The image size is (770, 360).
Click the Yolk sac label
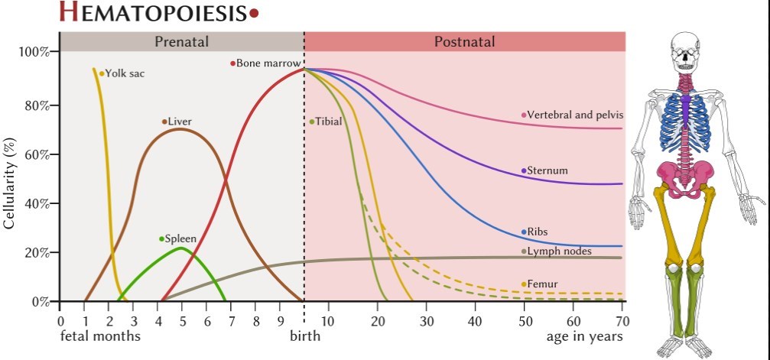tap(125, 74)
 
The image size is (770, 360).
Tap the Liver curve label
tap(180, 122)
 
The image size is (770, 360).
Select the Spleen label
tap(180, 239)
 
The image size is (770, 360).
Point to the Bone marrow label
tap(268, 63)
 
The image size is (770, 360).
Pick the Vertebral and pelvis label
tap(575, 115)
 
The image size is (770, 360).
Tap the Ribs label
tap(538, 232)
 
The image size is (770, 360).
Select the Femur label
tap(542, 284)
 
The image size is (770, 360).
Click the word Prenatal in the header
tap(181, 42)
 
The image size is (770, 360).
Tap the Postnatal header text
tap(464, 42)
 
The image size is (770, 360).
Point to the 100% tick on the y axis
tap(34, 52)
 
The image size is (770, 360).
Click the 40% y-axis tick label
tap(37, 203)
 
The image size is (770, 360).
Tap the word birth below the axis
tap(304, 336)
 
